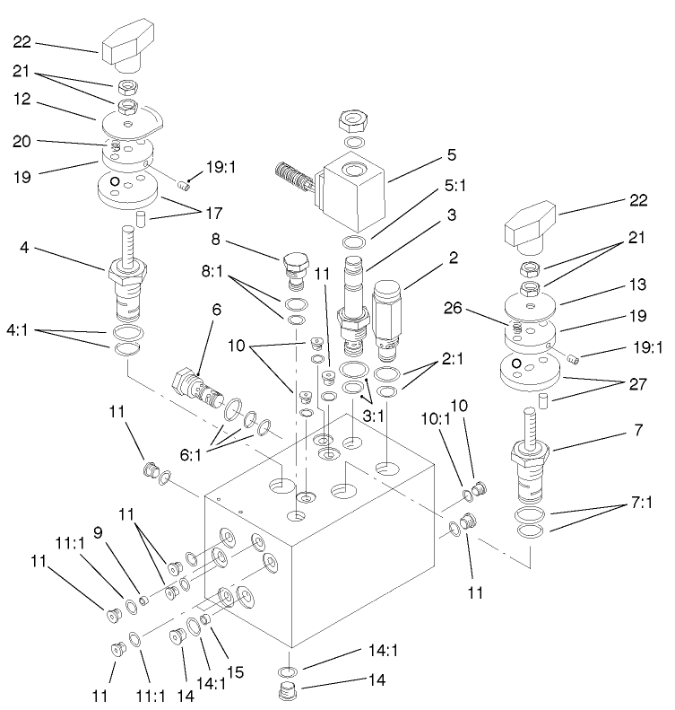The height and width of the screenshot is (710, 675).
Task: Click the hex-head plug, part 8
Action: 295,267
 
